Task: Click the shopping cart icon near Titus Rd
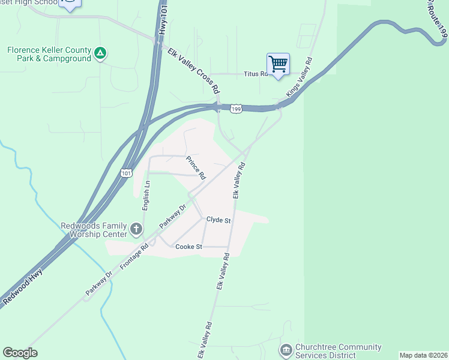click(278, 64)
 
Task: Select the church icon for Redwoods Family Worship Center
click(136, 229)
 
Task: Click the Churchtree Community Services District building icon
click(286, 349)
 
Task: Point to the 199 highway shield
click(236, 109)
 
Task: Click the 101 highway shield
click(125, 173)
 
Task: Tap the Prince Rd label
click(196, 168)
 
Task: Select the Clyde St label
click(218, 220)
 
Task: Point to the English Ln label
click(145, 196)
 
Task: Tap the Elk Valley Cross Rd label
click(193, 71)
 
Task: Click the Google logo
click(20, 353)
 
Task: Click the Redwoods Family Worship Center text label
click(94, 230)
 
